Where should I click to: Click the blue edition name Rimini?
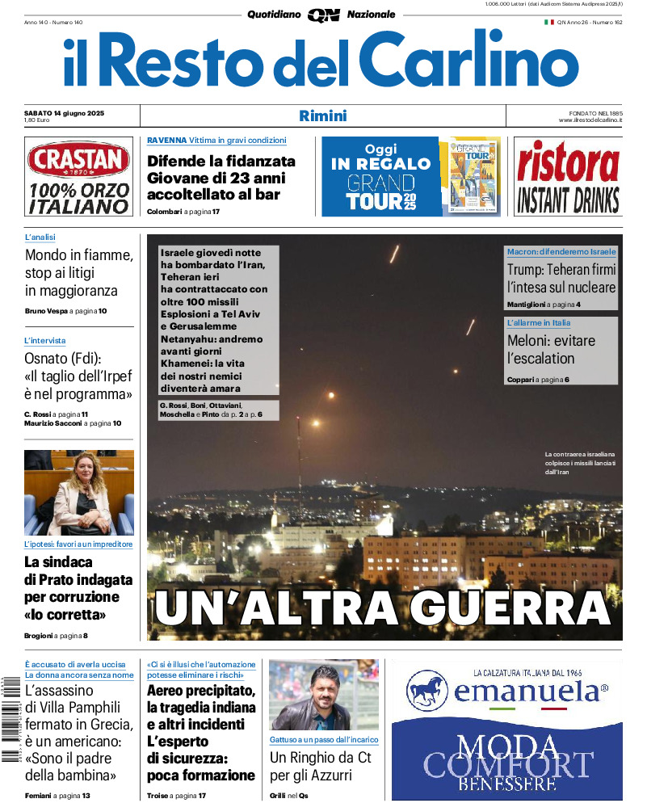(322, 116)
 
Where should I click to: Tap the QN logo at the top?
(323, 15)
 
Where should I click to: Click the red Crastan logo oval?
(78, 160)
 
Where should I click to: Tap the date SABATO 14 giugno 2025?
(69, 112)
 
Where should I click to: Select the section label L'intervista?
(45, 341)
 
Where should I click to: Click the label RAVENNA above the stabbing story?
(166, 141)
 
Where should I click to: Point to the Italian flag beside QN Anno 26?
(548, 22)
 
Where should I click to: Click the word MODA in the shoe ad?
(507, 746)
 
